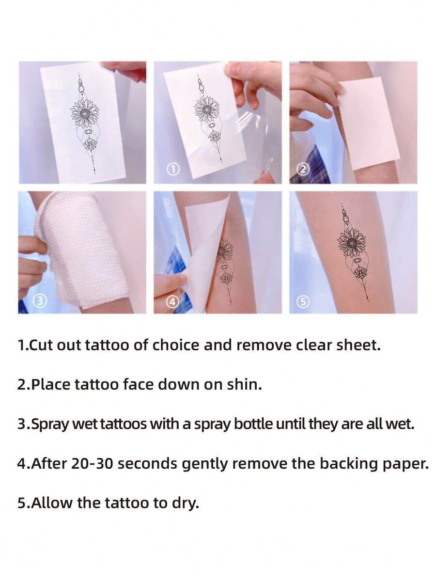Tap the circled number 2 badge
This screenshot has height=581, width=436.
point(303,169)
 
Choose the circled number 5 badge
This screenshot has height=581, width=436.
point(303,301)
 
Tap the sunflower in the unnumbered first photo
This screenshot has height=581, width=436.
point(85,112)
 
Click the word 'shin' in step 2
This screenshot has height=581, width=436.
point(245,385)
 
